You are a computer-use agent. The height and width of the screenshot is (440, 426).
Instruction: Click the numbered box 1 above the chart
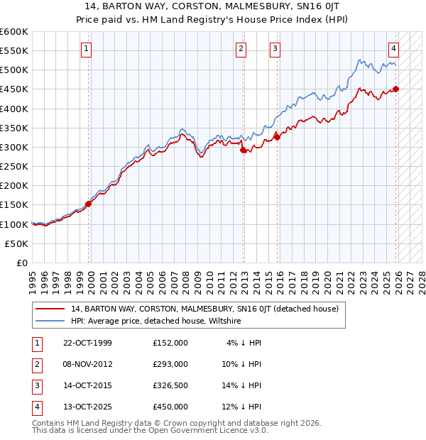pos(86,49)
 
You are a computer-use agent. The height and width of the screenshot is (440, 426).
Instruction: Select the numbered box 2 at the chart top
pos(241,49)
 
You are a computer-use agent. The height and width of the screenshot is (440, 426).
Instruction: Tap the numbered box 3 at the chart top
pos(275,49)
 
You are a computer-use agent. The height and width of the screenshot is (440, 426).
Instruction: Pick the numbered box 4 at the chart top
pos(393,49)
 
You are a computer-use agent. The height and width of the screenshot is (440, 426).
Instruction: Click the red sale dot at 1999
pos(89,204)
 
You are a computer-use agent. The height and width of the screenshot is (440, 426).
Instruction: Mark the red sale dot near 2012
pos(244,150)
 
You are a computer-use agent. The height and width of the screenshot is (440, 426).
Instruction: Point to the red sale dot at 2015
pos(278,137)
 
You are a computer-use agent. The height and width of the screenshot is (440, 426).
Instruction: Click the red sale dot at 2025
pos(396,89)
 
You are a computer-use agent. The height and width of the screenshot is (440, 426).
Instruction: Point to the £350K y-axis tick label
pos(14,128)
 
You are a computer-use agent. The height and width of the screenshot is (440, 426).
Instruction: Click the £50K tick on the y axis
pos(16,243)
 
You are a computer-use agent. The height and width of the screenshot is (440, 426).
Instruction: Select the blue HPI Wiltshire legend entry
pos(156,321)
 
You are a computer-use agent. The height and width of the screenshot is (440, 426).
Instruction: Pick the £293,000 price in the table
pos(170,364)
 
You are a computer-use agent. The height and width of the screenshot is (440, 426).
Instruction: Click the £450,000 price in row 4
pos(170,407)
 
